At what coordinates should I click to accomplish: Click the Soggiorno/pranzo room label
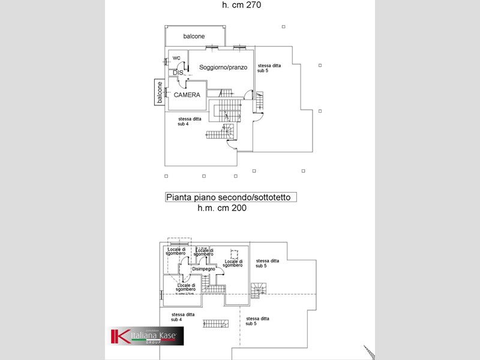point(223,68)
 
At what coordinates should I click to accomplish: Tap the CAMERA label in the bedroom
point(187,95)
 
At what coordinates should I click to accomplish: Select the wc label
point(176,58)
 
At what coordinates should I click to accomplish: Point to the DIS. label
point(178,73)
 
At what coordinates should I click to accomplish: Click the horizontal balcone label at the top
point(194,37)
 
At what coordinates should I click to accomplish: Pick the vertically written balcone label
point(160,92)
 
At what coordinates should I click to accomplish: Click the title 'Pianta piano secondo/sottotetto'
point(231,197)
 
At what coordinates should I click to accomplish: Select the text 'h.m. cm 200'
point(222,208)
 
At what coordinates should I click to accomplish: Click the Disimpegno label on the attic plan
point(204,269)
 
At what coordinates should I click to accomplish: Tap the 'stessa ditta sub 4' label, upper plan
point(190,121)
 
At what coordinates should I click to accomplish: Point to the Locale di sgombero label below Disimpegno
point(182,287)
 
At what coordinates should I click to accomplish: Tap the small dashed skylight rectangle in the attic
point(235,254)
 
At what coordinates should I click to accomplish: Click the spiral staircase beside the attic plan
point(257,291)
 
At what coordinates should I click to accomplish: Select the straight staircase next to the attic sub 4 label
point(215,323)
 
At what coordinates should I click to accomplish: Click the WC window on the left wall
point(165,61)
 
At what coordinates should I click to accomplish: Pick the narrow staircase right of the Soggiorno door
point(260,101)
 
